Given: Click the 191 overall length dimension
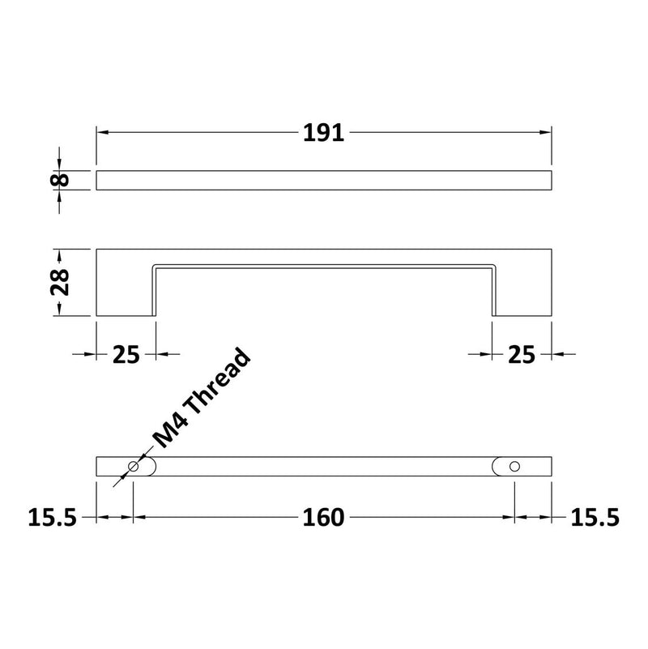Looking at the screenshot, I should [324, 133].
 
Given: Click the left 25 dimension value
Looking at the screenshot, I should [126, 354].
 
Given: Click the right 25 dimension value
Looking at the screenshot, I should [522, 354].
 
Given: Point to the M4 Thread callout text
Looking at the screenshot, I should [202, 399].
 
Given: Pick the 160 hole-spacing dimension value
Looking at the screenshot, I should [324, 517].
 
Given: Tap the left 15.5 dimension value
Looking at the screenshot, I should [52, 517].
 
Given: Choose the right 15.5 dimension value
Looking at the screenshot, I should [595, 517].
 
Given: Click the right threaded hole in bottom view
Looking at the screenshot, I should [514, 468].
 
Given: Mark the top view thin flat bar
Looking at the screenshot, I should [324, 180].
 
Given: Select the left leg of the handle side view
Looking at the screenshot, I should [126, 284].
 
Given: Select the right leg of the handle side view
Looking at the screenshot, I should [522, 284].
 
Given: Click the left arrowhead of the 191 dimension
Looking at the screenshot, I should [102, 133].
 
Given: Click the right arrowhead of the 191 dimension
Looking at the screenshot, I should [546, 133].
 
